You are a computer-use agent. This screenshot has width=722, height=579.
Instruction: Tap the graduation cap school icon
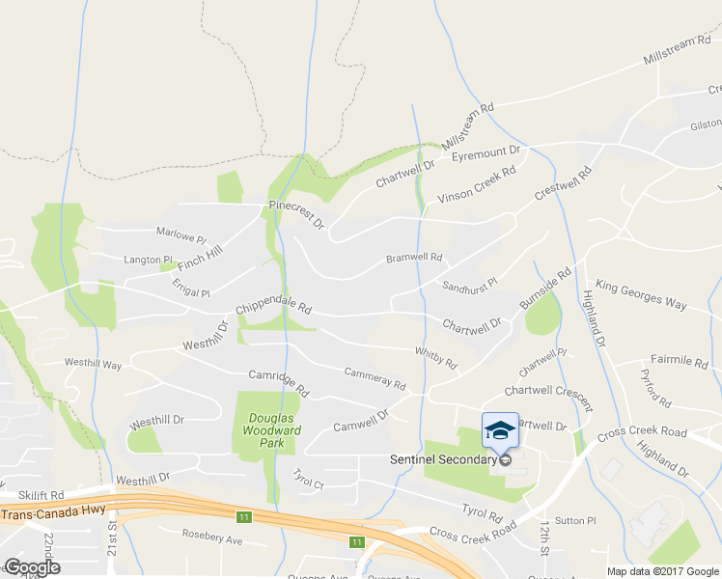[x=500, y=429]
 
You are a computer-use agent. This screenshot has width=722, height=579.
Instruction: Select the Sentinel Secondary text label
[x=442, y=459]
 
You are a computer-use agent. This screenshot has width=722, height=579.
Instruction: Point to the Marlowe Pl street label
[x=182, y=234]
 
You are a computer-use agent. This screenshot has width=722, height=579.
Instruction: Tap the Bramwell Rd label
[x=413, y=258]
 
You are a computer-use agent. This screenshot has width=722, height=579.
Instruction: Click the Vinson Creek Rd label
[x=476, y=184]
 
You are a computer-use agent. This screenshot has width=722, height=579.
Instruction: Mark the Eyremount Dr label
[x=486, y=152]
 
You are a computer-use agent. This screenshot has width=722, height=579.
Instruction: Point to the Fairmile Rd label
[x=680, y=362]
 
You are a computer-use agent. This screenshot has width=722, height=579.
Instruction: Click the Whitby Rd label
[x=435, y=357]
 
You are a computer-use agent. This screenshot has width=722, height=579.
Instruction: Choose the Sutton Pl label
[x=576, y=520]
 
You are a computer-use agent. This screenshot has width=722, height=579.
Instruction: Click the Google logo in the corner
[x=32, y=567]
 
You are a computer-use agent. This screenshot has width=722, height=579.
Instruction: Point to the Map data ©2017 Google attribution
[x=662, y=571]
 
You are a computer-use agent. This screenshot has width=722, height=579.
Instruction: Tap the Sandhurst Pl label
[x=469, y=286]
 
